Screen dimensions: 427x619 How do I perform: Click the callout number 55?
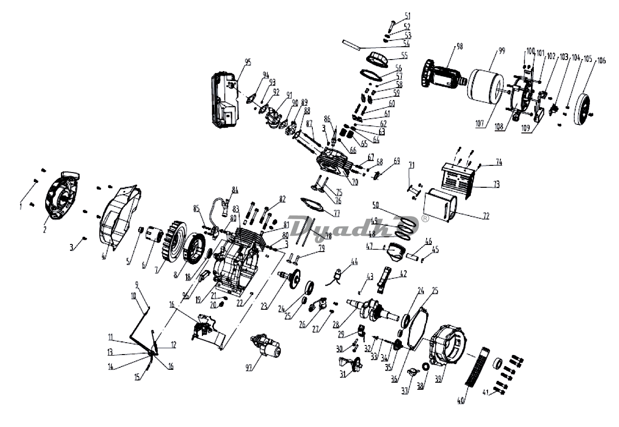click(x=404, y=55)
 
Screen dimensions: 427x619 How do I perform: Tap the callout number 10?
click(x=133, y=295)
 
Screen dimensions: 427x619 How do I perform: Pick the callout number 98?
click(x=459, y=46)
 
